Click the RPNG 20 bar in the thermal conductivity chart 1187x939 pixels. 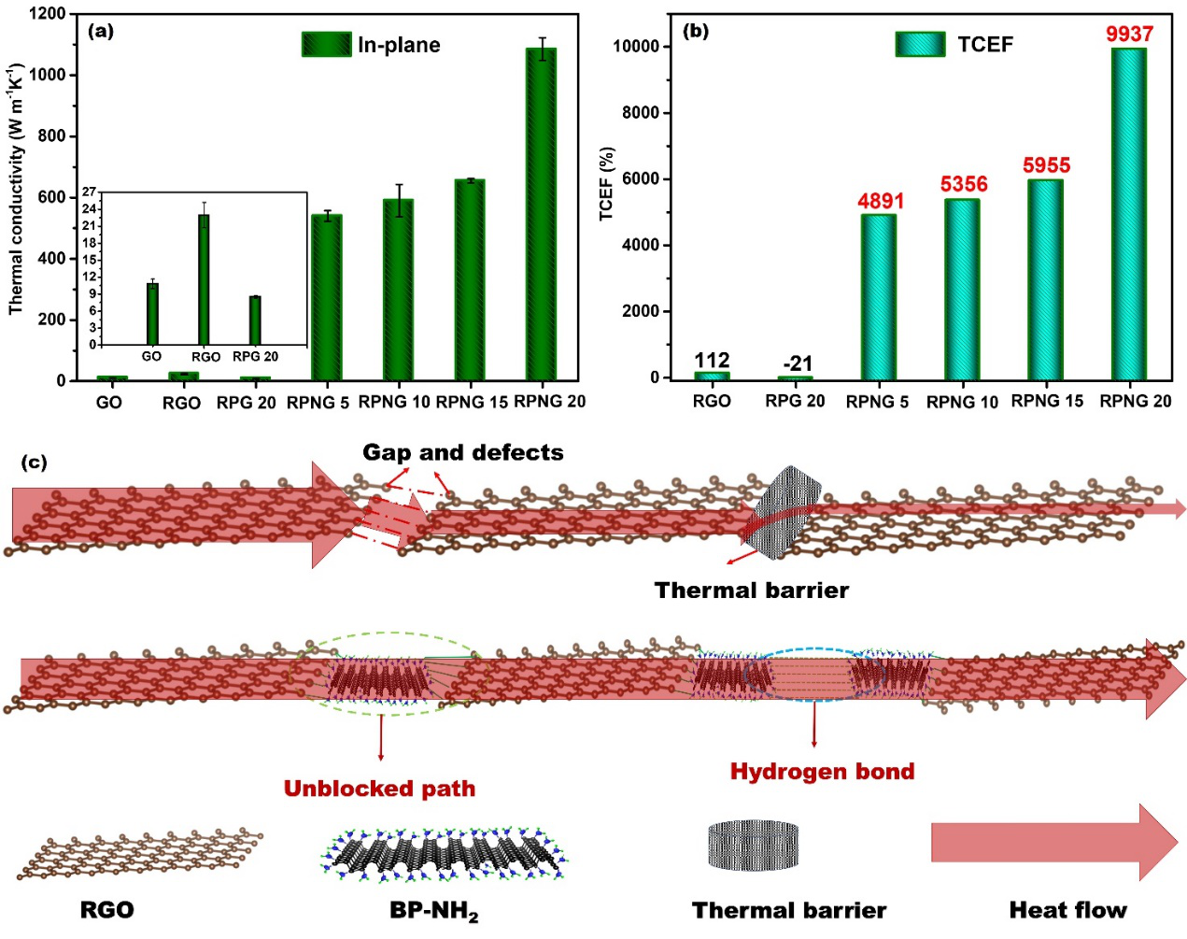pos(542,215)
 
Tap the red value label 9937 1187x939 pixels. pos(1129,35)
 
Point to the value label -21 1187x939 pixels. pos(798,363)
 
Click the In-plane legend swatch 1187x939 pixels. pos(326,44)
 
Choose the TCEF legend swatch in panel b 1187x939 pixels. pos(920,44)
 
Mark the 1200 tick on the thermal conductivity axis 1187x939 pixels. pos(48,14)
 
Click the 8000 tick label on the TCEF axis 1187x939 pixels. pos(640,113)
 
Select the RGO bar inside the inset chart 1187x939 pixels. pos(204,279)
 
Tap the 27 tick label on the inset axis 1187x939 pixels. pos(89,192)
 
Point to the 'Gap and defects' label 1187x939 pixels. pos(463,453)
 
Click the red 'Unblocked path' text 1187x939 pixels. pos(379,789)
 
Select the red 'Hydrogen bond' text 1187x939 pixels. pos(822,772)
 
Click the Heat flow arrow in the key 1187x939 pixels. pos(1053,843)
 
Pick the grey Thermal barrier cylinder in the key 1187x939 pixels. pos(753,844)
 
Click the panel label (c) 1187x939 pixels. pos(34,462)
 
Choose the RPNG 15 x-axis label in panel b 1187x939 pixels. pos(1047,401)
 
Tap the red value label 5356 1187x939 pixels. pos(964,184)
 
